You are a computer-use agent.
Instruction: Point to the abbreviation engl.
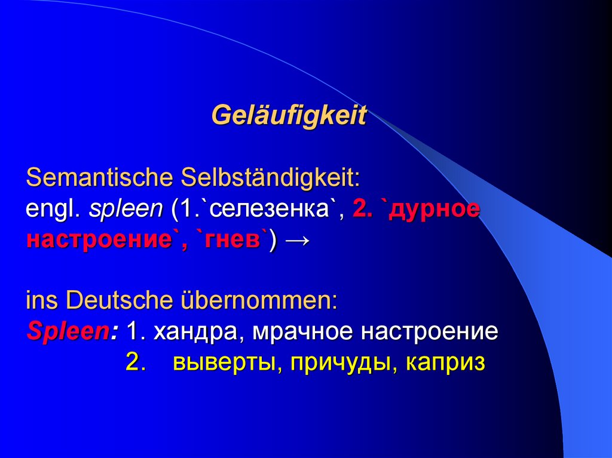pos(53,209)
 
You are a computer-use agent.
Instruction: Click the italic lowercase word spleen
pos(126,209)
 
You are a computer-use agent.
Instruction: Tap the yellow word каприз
pos(445,362)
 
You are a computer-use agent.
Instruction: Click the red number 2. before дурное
pos(363,209)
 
